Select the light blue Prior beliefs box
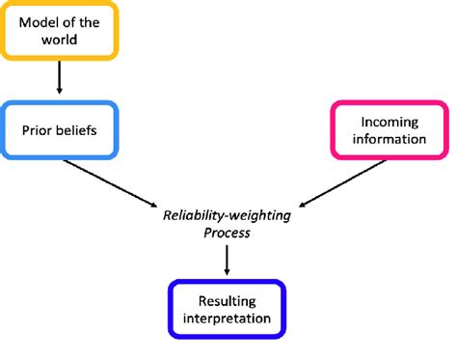(x=60, y=128)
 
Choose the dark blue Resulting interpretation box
(x=228, y=307)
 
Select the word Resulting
(x=228, y=298)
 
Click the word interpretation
(x=228, y=317)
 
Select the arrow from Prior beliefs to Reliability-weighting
(x=111, y=180)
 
